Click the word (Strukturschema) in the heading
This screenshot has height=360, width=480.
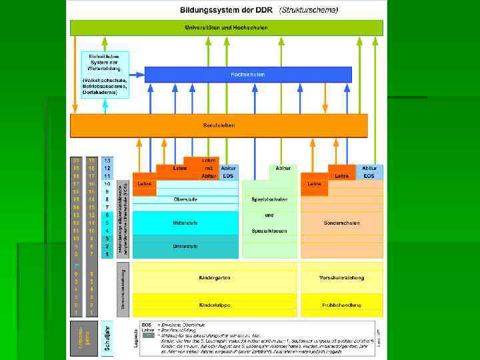click(x=309, y=11)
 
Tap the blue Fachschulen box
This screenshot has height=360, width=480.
click(x=248, y=74)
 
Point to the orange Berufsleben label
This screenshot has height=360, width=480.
click(x=219, y=125)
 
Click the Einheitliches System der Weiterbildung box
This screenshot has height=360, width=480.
click(x=104, y=62)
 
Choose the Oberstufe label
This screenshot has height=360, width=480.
click(x=185, y=199)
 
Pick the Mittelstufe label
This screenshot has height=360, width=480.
click(x=185, y=222)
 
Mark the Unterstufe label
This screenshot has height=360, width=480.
click(x=185, y=246)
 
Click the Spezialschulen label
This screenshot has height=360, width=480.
click(x=269, y=199)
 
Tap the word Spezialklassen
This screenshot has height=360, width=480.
click(x=269, y=230)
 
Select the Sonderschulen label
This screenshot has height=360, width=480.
click(x=341, y=222)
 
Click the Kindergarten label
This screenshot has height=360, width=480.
click(x=214, y=276)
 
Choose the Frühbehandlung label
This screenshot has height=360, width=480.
click(x=341, y=305)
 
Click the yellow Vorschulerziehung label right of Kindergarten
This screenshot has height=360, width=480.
click(x=341, y=276)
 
